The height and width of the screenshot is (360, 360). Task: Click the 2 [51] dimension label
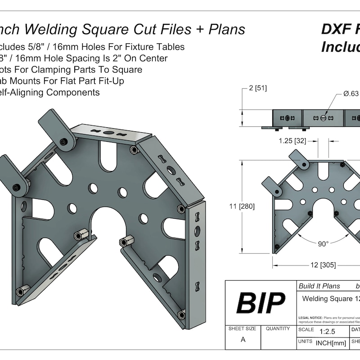(257, 88)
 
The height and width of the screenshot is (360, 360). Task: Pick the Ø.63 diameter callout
(351, 94)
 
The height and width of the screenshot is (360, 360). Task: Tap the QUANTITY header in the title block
(278, 329)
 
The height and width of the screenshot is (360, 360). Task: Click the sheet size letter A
(243, 340)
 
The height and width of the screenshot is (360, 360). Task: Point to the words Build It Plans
(319, 286)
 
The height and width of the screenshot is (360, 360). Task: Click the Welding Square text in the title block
(327, 298)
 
